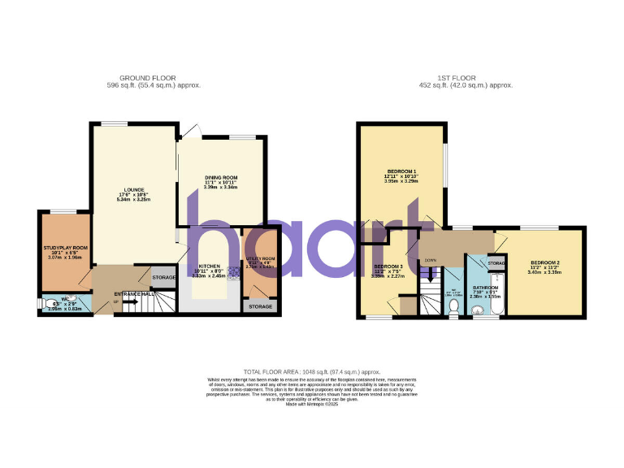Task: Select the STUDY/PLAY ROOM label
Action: coord(66,247)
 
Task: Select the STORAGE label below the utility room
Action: coord(261,307)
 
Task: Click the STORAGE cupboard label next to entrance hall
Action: coord(163,277)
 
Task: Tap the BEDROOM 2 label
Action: coord(544,262)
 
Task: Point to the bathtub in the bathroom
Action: coord(499,292)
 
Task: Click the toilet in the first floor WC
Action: coord(455,306)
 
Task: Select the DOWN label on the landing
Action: coord(431,260)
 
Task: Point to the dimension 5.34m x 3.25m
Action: coord(135,199)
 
